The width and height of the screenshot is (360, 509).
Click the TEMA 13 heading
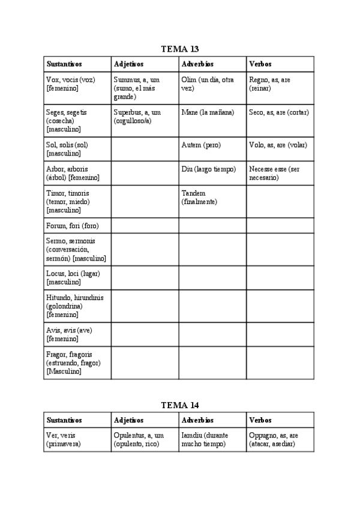(x=180, y=49)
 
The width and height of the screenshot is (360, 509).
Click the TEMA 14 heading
(x=180, y=405)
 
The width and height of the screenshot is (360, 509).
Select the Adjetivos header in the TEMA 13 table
(x=128, y=64)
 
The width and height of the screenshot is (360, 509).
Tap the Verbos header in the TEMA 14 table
(x=260, y=420)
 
